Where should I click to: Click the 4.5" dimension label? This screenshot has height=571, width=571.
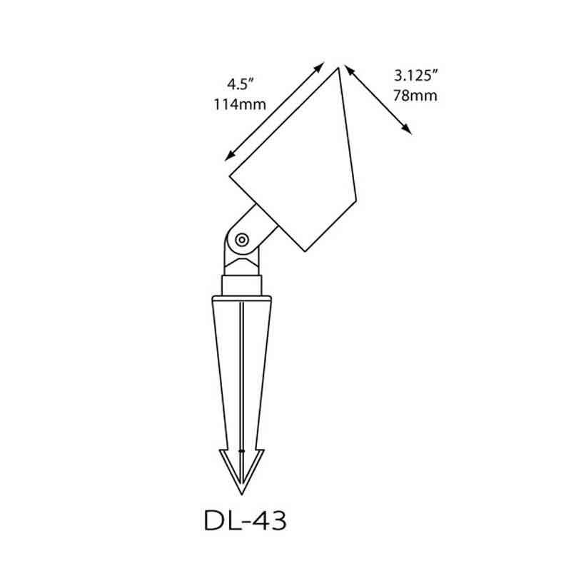coord(240,84)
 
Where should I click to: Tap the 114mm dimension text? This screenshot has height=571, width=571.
coord(240,104)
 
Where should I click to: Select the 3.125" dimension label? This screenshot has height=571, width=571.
coord(415,76)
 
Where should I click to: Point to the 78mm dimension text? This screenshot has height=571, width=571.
coord(415,96)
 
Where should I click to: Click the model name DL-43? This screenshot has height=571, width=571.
coord(245,520)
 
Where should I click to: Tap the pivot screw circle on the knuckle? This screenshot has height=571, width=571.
coord(242,240)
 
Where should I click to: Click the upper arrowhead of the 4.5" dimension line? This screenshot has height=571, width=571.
coord(319,67)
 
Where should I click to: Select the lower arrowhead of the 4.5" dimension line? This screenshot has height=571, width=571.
coord(229,156)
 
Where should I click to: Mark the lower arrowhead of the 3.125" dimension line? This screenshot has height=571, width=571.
coord(406,129)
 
